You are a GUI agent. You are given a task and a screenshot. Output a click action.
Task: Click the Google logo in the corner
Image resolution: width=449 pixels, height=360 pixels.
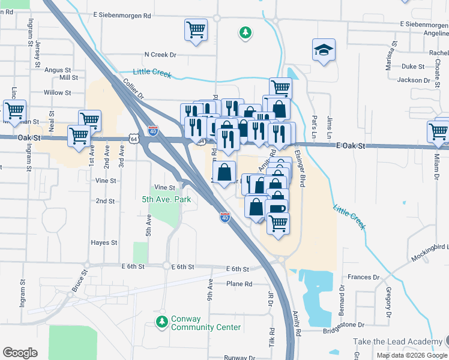(20, 352)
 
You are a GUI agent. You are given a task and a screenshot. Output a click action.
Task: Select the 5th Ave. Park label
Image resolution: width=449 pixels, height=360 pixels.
(166, 200)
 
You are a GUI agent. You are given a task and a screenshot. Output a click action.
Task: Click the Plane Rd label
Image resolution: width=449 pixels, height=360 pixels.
(239, 284)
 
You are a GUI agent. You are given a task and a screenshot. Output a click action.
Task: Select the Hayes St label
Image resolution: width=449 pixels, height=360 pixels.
(104, 242)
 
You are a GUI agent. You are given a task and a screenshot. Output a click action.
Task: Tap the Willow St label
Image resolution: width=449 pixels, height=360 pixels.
(58, 93)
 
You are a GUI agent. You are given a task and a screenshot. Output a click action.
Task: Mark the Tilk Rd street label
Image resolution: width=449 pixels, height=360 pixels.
(272, 339)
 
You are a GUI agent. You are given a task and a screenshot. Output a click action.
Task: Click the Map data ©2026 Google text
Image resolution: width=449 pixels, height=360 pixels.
(411, 355)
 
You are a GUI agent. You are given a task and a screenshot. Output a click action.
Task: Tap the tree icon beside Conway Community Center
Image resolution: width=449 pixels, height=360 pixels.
(161, 322)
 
